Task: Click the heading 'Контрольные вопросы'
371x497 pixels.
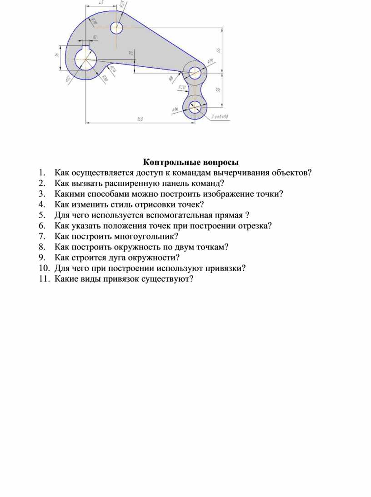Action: pyautogui.click(x=191, y=162)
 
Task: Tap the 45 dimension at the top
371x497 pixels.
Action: pyautogui.click(x=100, y=3)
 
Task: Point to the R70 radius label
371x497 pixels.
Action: pyautogui.click(x=94, y=21)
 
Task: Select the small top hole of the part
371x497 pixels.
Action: pyautogui.click(x=116, y=28)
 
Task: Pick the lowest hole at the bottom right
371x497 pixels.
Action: pyautogui.click(x=195, y=107)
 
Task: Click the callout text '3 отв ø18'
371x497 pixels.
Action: pyautogui.click(x=220, y=118)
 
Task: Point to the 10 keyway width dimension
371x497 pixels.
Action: pyautogui.click(x=95, y=37)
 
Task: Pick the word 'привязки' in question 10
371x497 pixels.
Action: pyautogui.click(x=224, y=268)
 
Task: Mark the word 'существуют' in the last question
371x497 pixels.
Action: pyautogui.click(x=169, y=278)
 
